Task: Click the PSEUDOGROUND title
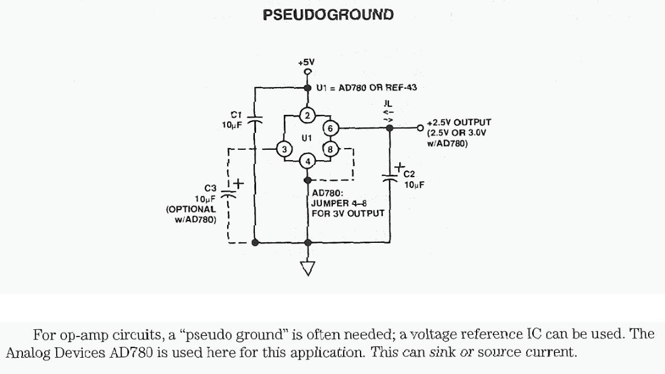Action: pyautogui.click(x=328, y=15)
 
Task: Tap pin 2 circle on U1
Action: pyautogui.click(x=307, y=115)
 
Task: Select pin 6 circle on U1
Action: pyautogui.click(x=330, y=128)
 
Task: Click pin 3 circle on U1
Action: pyautogui.click(x=284, y=149)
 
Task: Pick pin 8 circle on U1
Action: pyautogui.click(x=330, y=149)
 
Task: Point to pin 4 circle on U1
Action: pyautogui.click(x=307, y=161)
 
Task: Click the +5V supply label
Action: pyautogui.click(x=306, y=62)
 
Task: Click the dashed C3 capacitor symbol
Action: pyautogui.click(x=228, y=195)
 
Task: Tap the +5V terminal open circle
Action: pyautogui.click(x=307, y=73)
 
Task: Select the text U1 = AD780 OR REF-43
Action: pyautogui.click(x=367, y=88)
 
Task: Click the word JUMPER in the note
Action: pyautogui.click(x=329, y=204)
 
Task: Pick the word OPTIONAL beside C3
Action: pyautogui.click(x=191, y=209)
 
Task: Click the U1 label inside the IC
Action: pyautogui.click(x=307, y=138)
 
